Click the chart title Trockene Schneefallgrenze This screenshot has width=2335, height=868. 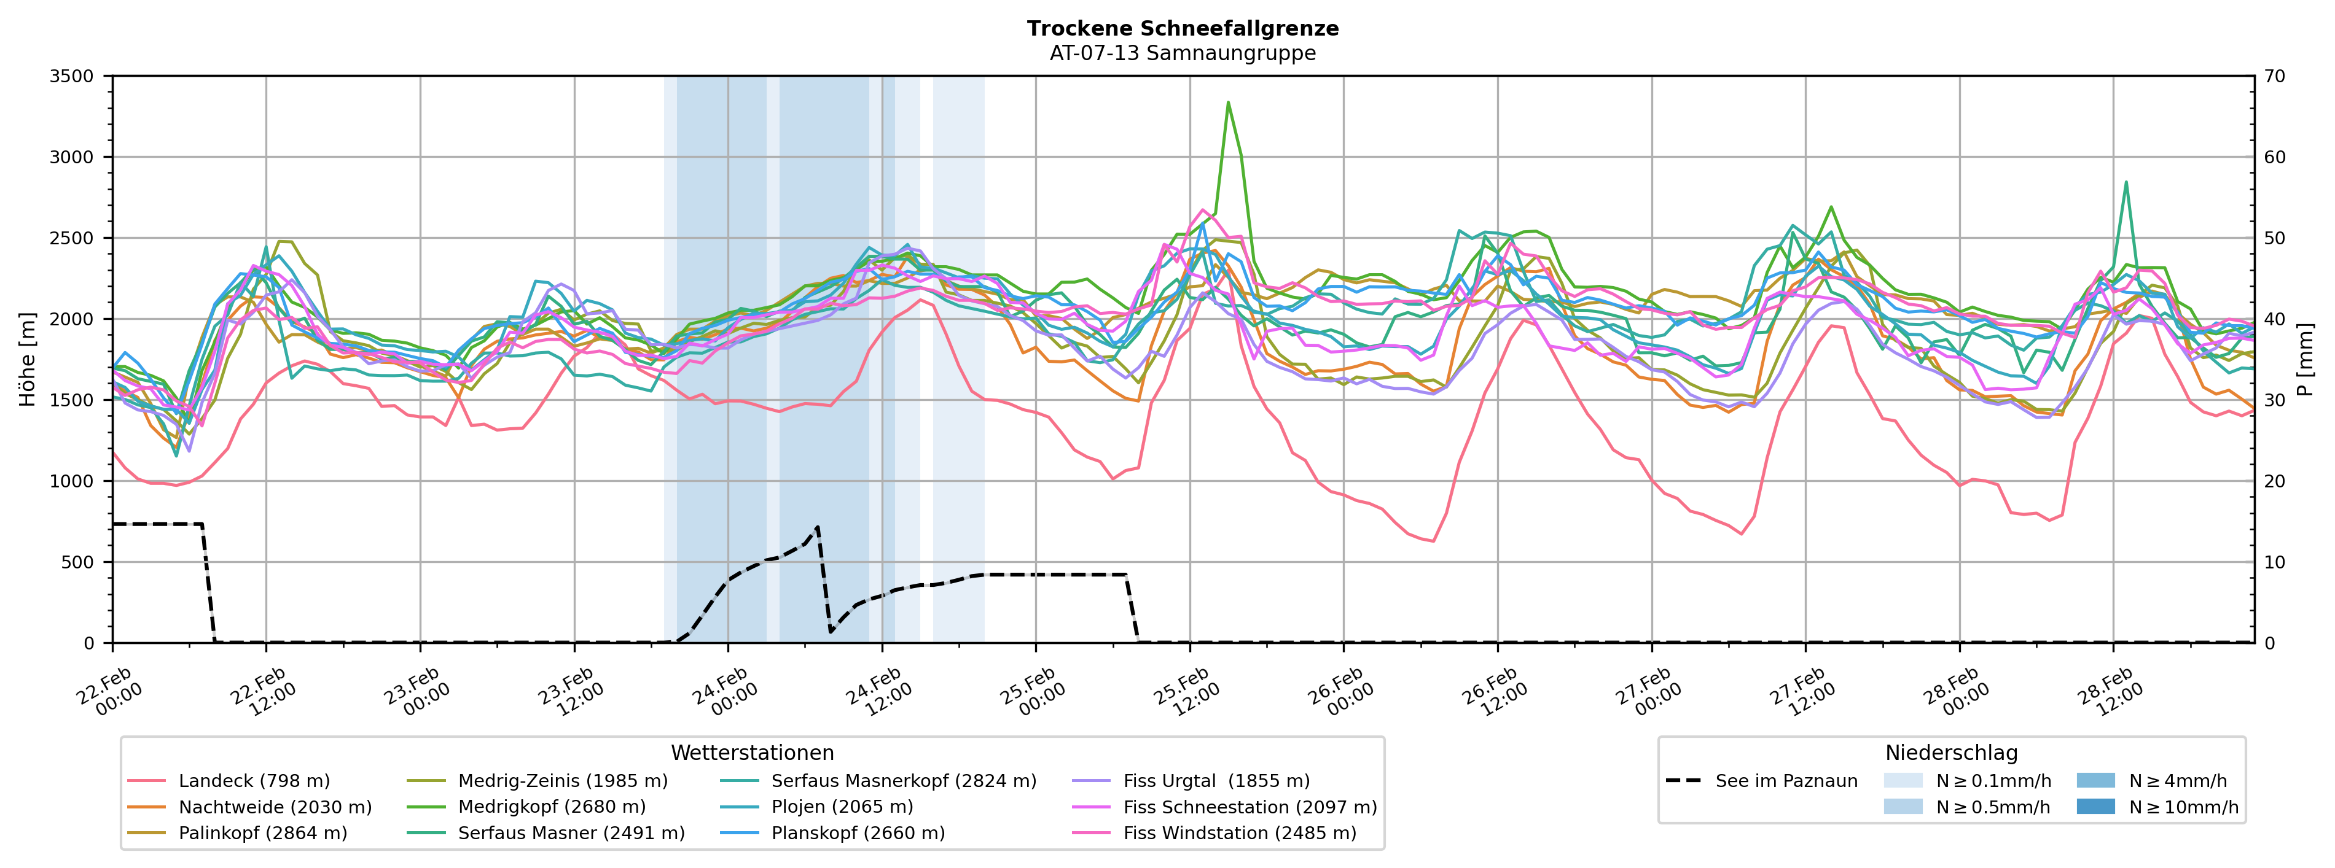[1182, 28]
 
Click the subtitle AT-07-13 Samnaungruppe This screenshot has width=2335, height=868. [1182, 53]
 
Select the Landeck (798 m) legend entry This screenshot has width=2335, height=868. [254, 781]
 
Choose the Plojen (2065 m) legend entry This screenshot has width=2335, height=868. [841, 807]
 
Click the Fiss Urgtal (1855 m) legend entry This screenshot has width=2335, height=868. [1216, 781]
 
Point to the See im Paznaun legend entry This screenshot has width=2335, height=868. [1786, 781]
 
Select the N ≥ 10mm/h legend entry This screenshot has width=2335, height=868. [2183, 807]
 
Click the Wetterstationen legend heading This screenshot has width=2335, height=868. [753, 753]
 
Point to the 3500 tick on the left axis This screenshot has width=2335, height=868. [72, 76]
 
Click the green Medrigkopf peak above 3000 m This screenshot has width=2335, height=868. [1228, 103]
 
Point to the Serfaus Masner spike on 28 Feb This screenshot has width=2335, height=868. [2126, 182]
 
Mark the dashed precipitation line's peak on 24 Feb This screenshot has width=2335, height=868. [818, 527]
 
